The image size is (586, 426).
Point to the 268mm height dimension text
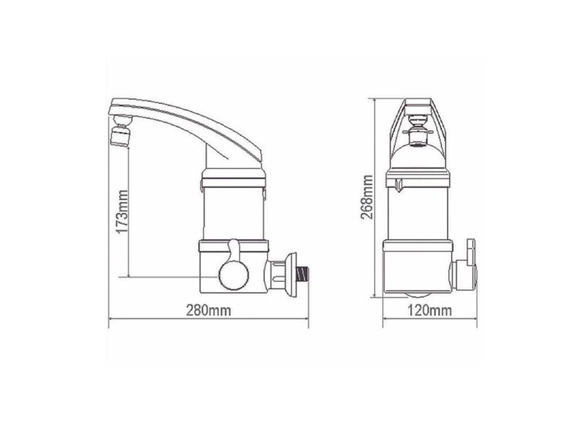pos(367,196)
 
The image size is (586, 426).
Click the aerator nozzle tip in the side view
pos(119,135)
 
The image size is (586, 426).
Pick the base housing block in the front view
pos(418,267)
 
